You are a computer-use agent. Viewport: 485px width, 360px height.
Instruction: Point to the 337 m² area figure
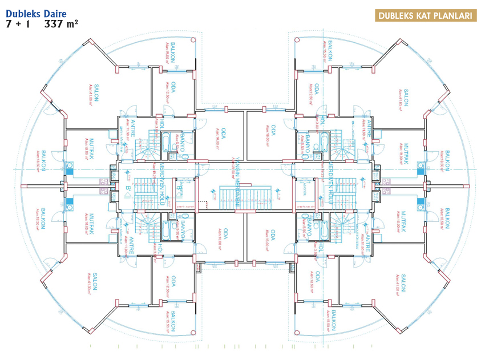[x=61, y=24]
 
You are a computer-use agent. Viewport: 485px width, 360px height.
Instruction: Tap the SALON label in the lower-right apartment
[x=403, y=282]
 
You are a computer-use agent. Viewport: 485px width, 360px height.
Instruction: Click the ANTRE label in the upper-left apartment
[x=132, y=128]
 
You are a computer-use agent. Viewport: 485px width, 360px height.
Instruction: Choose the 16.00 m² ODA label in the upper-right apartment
[x=274, y=135]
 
